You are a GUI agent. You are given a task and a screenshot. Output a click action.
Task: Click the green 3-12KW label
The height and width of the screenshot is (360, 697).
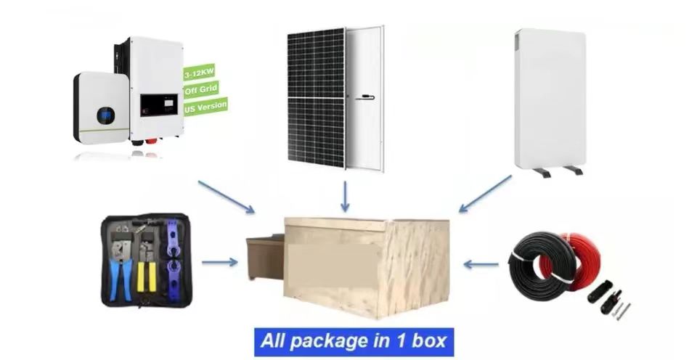click(199, 72)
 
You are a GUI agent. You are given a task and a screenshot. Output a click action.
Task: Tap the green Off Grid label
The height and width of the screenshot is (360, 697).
click(201, 89)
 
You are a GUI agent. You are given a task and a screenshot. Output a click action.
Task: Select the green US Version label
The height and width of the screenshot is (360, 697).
click(205, 107)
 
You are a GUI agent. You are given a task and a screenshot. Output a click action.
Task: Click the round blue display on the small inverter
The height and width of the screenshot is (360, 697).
click(106, 115)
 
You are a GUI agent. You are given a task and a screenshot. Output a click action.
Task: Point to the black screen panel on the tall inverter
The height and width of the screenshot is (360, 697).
click(159, 105)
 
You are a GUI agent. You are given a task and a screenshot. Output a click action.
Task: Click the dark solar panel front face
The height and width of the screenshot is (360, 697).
click(316, 98)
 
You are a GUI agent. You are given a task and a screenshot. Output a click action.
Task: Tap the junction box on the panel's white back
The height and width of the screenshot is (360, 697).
click(365, 97)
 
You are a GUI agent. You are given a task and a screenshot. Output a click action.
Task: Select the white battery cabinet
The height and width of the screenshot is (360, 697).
click(550, 99)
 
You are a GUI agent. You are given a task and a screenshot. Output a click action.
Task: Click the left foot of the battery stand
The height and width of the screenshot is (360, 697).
click(542, 173)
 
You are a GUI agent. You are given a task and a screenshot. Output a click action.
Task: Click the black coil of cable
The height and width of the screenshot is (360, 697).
click(542, 266)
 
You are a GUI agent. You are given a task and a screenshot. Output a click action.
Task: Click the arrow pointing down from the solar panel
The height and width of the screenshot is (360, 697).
click(345, 196)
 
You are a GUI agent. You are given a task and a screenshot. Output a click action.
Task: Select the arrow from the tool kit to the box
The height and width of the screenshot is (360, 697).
click(219, 262)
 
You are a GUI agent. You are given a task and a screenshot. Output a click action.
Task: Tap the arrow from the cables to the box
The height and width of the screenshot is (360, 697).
click(481, 264)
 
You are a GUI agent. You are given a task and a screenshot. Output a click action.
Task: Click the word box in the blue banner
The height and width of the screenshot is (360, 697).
click(429, 341)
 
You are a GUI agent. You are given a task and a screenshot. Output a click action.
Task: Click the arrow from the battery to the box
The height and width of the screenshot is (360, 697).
click(485, 193)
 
